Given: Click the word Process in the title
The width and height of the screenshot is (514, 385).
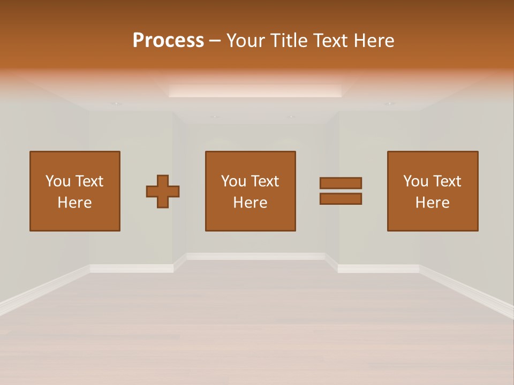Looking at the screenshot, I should click(x=168, y=41).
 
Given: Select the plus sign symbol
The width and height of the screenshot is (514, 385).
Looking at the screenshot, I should click(x=163, y=191).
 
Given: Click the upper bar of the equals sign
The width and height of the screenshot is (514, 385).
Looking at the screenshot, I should click(x=341, y=183).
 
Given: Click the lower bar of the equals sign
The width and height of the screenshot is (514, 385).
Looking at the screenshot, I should click(x=341, y=199).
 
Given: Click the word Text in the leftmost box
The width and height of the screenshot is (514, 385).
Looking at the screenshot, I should click(x=89, y=181).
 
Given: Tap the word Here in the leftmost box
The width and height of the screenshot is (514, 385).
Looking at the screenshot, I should click(x=75, y=203).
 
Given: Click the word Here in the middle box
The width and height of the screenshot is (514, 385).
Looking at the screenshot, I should click(x=250, y=203).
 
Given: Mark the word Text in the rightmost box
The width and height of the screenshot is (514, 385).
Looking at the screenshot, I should click(x=447, y=181).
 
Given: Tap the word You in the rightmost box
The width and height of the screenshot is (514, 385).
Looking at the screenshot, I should click(x=415, y=181).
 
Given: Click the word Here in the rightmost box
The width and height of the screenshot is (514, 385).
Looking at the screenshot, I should click(x=433, y=203).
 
